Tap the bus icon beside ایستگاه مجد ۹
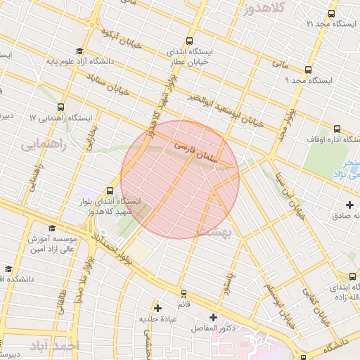(308, 70)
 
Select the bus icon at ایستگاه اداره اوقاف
(337, 129)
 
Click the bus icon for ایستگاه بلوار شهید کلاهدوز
(110, 190)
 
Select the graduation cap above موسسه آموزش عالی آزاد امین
(51, 228)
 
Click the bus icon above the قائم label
(184, 294)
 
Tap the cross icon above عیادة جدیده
(158, 308)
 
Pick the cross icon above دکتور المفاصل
(213, 317)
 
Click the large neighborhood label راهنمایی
(42, 145)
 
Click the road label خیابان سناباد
(112, 84)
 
